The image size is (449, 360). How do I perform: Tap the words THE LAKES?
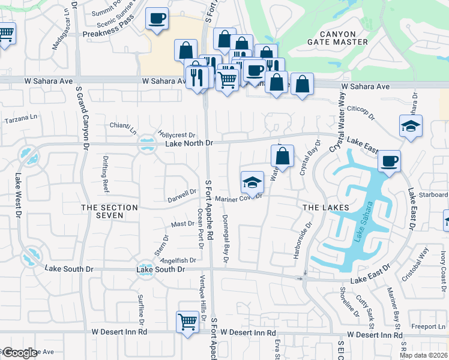[x=325, y=207]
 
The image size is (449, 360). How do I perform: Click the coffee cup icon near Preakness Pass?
[x=157, y=19]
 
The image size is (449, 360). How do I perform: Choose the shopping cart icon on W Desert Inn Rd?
[x=187, y=323]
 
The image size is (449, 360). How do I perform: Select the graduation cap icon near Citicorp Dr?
[x=411, y=126]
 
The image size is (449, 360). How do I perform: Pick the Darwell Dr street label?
[x=182, y=194]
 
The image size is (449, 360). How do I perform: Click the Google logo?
[x=20, y=353]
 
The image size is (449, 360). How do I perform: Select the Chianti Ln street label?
[x=123, y=128]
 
